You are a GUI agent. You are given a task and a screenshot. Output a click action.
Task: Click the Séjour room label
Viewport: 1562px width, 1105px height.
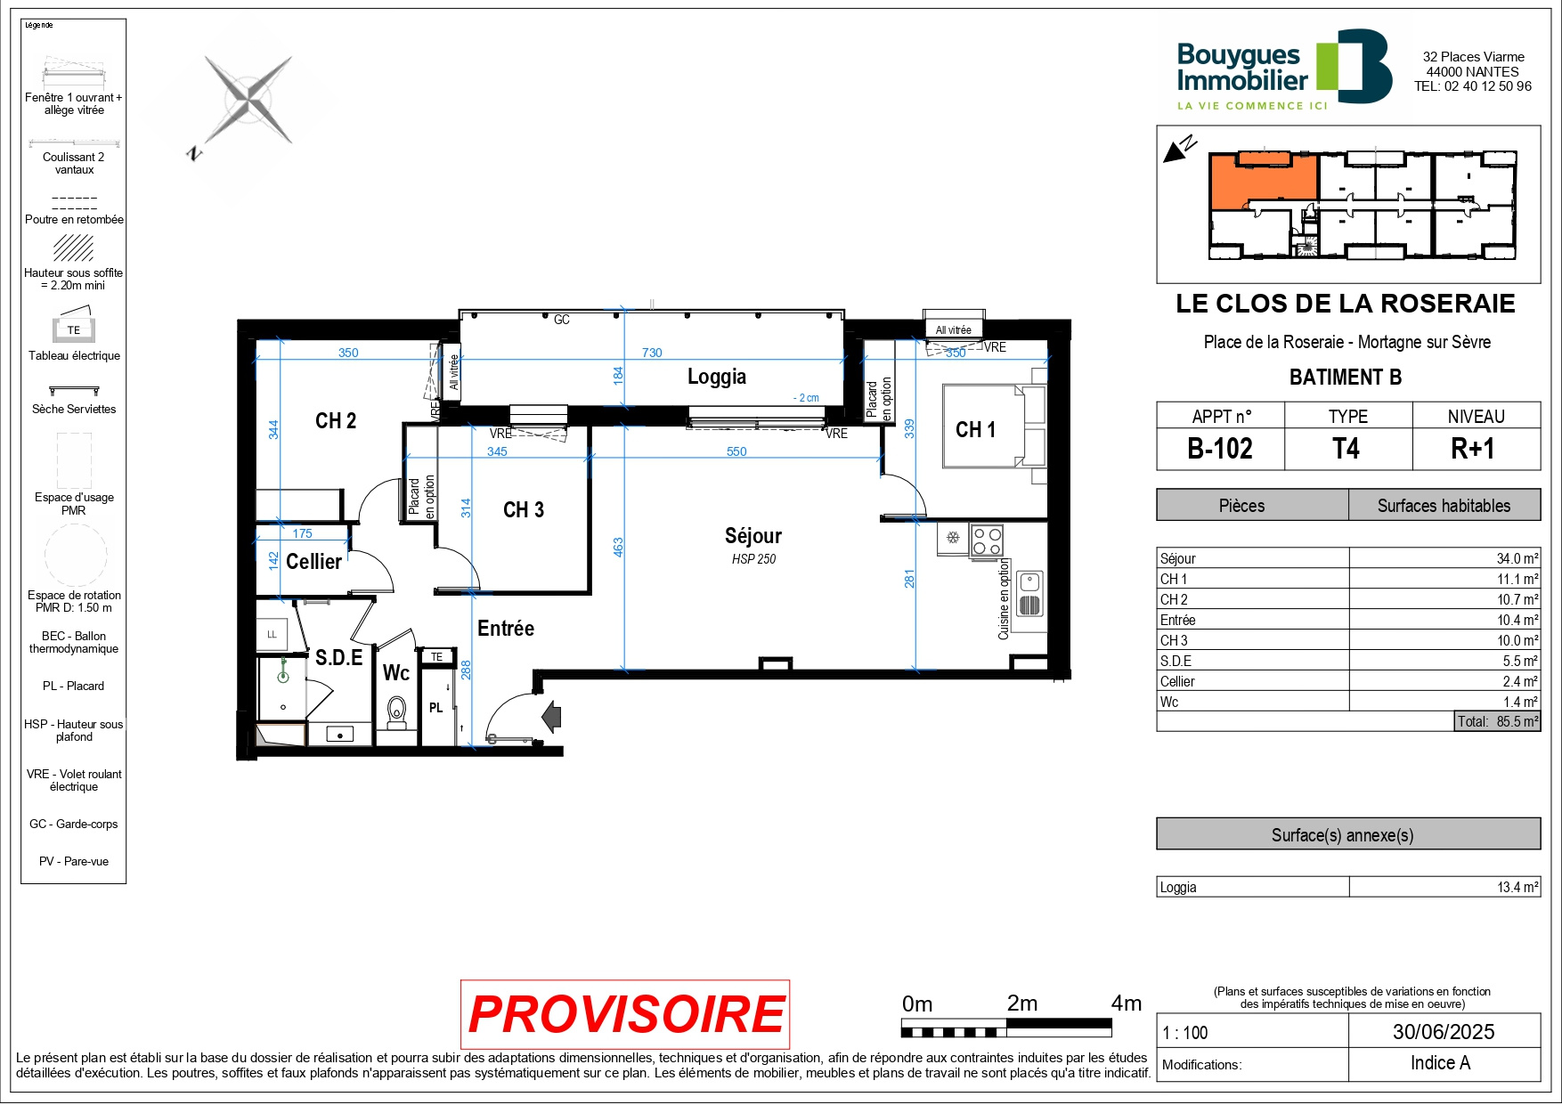click(753, 536)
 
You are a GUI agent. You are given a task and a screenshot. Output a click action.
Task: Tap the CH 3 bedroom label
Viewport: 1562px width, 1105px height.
click(524, 510)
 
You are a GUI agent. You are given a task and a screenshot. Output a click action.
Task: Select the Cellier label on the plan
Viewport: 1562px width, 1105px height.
click(313, 562)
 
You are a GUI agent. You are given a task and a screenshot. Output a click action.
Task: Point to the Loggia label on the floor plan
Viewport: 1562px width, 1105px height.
click(717, 377)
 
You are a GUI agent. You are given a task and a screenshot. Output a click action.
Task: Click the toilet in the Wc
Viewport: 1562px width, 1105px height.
click(396, 713)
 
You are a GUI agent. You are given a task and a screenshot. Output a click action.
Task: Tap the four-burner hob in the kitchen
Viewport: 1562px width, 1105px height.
click(987, 540)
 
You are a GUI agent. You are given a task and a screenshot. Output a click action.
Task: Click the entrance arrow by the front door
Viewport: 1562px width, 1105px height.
click(552, 716)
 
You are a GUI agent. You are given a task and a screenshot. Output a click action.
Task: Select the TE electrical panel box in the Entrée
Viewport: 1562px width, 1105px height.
click(436, 657)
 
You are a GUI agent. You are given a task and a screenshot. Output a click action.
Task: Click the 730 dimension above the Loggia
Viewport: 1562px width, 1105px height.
click(652, 353)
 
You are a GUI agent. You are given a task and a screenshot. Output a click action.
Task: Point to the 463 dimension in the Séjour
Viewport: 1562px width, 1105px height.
click(618, 548)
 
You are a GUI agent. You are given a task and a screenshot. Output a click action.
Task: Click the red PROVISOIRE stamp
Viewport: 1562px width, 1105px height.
click(625, 1014)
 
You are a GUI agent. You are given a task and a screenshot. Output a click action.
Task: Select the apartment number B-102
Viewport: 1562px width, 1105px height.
click(1220, 449)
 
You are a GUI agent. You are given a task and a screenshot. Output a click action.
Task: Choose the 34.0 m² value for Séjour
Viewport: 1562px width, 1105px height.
click(1517, 559)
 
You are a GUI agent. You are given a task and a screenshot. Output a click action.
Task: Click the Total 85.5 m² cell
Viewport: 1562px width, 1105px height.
click(1497, 721)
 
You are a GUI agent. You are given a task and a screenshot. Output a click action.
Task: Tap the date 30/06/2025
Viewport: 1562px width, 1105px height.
click(1444, 1032)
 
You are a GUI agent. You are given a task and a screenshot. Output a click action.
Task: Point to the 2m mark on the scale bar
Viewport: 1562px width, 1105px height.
click(1022, 1003)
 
